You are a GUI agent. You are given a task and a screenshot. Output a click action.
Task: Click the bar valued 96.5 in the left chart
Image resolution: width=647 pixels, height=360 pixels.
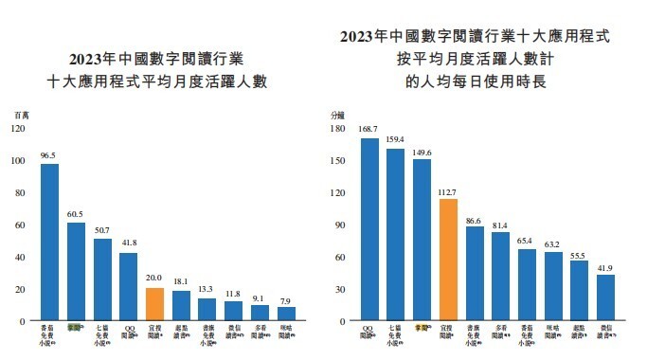(49, 243)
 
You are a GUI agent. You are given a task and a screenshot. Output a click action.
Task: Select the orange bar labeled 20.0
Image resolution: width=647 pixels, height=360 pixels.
(154, 304)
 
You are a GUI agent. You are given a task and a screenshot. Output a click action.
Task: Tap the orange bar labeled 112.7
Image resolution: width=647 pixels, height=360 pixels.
(448, 260)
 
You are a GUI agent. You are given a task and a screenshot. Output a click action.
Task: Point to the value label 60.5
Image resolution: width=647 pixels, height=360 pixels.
(76, 214)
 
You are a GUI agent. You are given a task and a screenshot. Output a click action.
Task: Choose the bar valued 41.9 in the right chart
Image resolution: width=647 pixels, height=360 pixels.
(605, 297)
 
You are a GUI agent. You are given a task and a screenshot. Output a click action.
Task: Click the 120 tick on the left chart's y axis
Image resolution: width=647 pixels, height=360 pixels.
(19, 128)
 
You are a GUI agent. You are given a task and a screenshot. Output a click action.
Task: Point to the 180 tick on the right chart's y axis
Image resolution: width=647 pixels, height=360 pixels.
(336, 128)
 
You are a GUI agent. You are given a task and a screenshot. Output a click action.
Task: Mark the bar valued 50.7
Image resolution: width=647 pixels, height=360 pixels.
(102, 279)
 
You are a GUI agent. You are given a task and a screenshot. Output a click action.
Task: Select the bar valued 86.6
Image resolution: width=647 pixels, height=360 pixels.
(475, 274)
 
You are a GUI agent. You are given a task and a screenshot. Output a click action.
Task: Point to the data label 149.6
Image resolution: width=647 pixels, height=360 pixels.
(422, 151)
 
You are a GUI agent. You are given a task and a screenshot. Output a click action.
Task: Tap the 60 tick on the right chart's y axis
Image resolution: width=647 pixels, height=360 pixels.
(338, 257)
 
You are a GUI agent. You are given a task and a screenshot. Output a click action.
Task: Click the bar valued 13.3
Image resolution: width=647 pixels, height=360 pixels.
(207, 310)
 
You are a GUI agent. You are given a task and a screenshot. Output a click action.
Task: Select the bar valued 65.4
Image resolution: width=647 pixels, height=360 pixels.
(527, 285)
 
